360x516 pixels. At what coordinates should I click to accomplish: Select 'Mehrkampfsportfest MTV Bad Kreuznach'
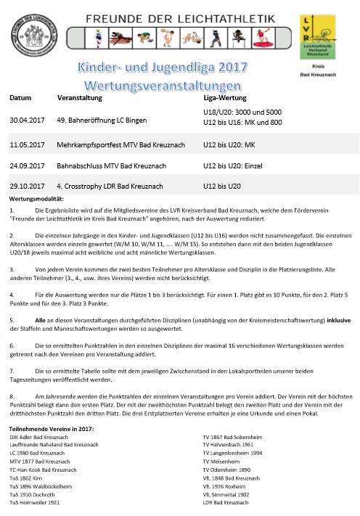[x=120, y=145]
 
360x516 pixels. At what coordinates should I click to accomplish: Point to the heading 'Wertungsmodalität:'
[x=37, y=197]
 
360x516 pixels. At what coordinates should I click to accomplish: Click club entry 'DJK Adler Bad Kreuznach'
[x=44, y=438]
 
